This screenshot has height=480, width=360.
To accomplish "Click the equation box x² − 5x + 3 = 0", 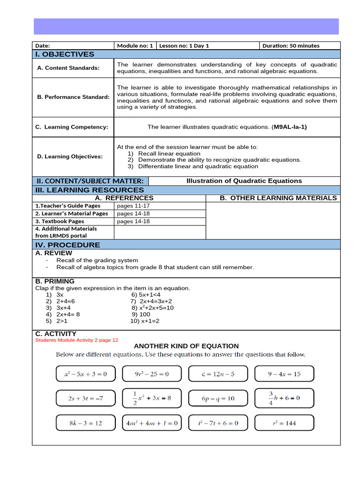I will [x=85, y=374].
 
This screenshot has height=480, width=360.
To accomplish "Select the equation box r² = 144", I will [x=284, y=423].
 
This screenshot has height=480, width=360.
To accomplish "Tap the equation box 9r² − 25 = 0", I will [x=151, y=374].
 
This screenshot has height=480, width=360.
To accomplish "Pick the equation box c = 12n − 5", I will [x=218, y=374].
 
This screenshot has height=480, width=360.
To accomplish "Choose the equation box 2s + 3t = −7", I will [x=85, y=398].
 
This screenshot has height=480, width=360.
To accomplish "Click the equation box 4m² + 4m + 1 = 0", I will [x=151, y=423].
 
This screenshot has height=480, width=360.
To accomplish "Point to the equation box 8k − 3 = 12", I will [x=85, y=423].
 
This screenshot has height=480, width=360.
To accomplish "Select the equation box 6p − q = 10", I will [x=218, y=398].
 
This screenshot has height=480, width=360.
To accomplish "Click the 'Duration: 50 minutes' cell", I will [x=291, y=45].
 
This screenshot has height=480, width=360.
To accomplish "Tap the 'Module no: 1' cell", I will [x=135, y=45].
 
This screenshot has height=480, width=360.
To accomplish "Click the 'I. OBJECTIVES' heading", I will [x=65, y=54].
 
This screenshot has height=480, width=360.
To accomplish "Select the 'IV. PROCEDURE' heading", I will [x=68, y=245].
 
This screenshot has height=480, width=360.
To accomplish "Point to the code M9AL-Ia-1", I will [x=290, y=127].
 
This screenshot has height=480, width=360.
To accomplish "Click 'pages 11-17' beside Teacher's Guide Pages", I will [x=133, y=206].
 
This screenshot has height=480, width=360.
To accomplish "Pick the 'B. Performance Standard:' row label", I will [x=73, y=97].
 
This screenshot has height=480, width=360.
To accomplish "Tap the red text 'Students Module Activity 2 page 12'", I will [x=77, y=340].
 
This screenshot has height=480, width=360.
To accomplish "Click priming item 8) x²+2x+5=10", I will [x=152, y=308].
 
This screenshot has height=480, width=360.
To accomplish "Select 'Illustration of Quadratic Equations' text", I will [x=244, y=181].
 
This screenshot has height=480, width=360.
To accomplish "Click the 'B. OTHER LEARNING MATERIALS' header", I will [x=278, y=198].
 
